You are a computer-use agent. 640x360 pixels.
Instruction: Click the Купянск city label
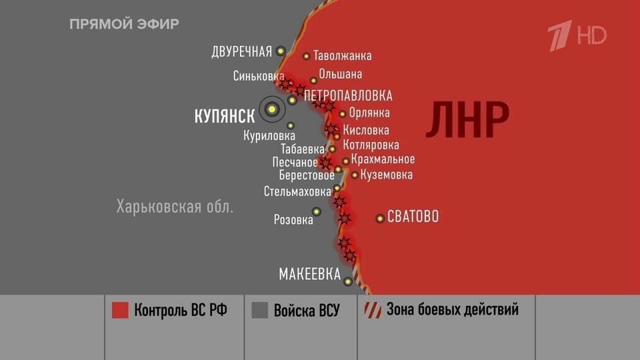[x=224, y=117]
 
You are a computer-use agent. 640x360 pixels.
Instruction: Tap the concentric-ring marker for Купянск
[x=271, y=109]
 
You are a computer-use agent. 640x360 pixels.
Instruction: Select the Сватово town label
[x=413, y=217]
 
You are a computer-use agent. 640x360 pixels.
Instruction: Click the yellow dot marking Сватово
[x=380, y=218]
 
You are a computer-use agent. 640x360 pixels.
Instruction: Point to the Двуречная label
[x=241, y=52]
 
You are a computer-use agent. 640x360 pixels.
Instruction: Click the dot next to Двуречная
[x=281, y=51]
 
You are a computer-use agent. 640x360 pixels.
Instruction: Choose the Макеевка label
[x=309, y=274]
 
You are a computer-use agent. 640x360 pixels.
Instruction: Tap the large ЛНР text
[x=467, y=120]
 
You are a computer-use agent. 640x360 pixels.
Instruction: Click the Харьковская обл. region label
[x=175, y=206]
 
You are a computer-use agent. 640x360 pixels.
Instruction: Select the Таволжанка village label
[x=342, y=56]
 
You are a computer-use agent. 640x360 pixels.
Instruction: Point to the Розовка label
[x=293, y=219]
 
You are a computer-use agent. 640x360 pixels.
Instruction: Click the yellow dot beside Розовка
[x=317, y=211]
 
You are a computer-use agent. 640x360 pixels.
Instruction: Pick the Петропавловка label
[x=348, y=96]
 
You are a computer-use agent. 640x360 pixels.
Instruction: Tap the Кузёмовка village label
[x=386, y=175]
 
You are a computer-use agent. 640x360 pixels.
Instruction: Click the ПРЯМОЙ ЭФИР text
[x=124, y=25]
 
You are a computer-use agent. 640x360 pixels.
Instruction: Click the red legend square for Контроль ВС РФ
[x=120, y=310]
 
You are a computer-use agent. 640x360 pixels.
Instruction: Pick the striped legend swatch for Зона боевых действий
[x=371, y=310]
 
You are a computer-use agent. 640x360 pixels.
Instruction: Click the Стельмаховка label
[x=297, y=191]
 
